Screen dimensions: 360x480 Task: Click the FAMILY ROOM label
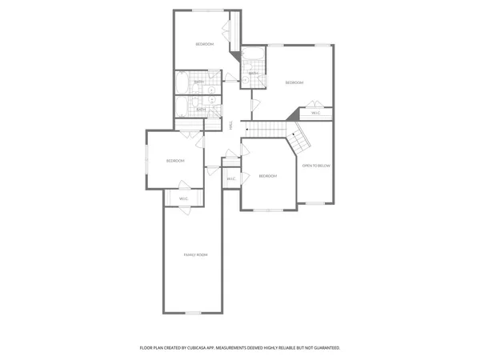coord(196,254)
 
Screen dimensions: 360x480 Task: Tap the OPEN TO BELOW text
coord(316,166)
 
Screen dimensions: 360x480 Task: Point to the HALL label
coord(231,126)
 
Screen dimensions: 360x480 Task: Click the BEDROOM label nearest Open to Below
coord(267,176)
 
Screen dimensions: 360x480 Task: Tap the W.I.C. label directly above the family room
coord(183,198)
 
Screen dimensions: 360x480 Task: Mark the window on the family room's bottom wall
coord(192,312)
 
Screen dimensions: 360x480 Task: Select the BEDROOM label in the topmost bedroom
coord(205,44)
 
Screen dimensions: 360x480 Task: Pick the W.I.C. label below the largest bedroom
coord(315,112)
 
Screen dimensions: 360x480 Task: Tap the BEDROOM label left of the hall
coord(175,161)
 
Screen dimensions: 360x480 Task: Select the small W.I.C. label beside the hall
coord(230,178)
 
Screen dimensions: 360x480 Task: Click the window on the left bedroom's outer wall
coord(146,160)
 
